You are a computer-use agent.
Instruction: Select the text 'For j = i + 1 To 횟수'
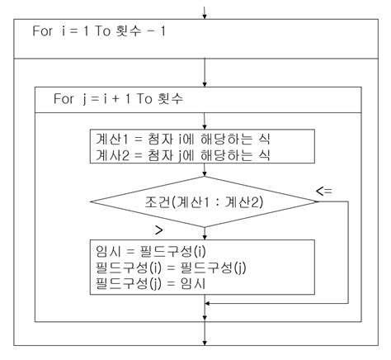click(118, 97)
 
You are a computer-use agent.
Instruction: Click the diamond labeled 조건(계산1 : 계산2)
click(204, 201)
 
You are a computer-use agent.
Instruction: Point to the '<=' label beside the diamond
click(324, 192)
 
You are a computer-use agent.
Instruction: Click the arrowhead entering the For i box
click(204, 14)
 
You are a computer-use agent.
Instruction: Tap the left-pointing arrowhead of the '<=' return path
click(210, 304)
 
